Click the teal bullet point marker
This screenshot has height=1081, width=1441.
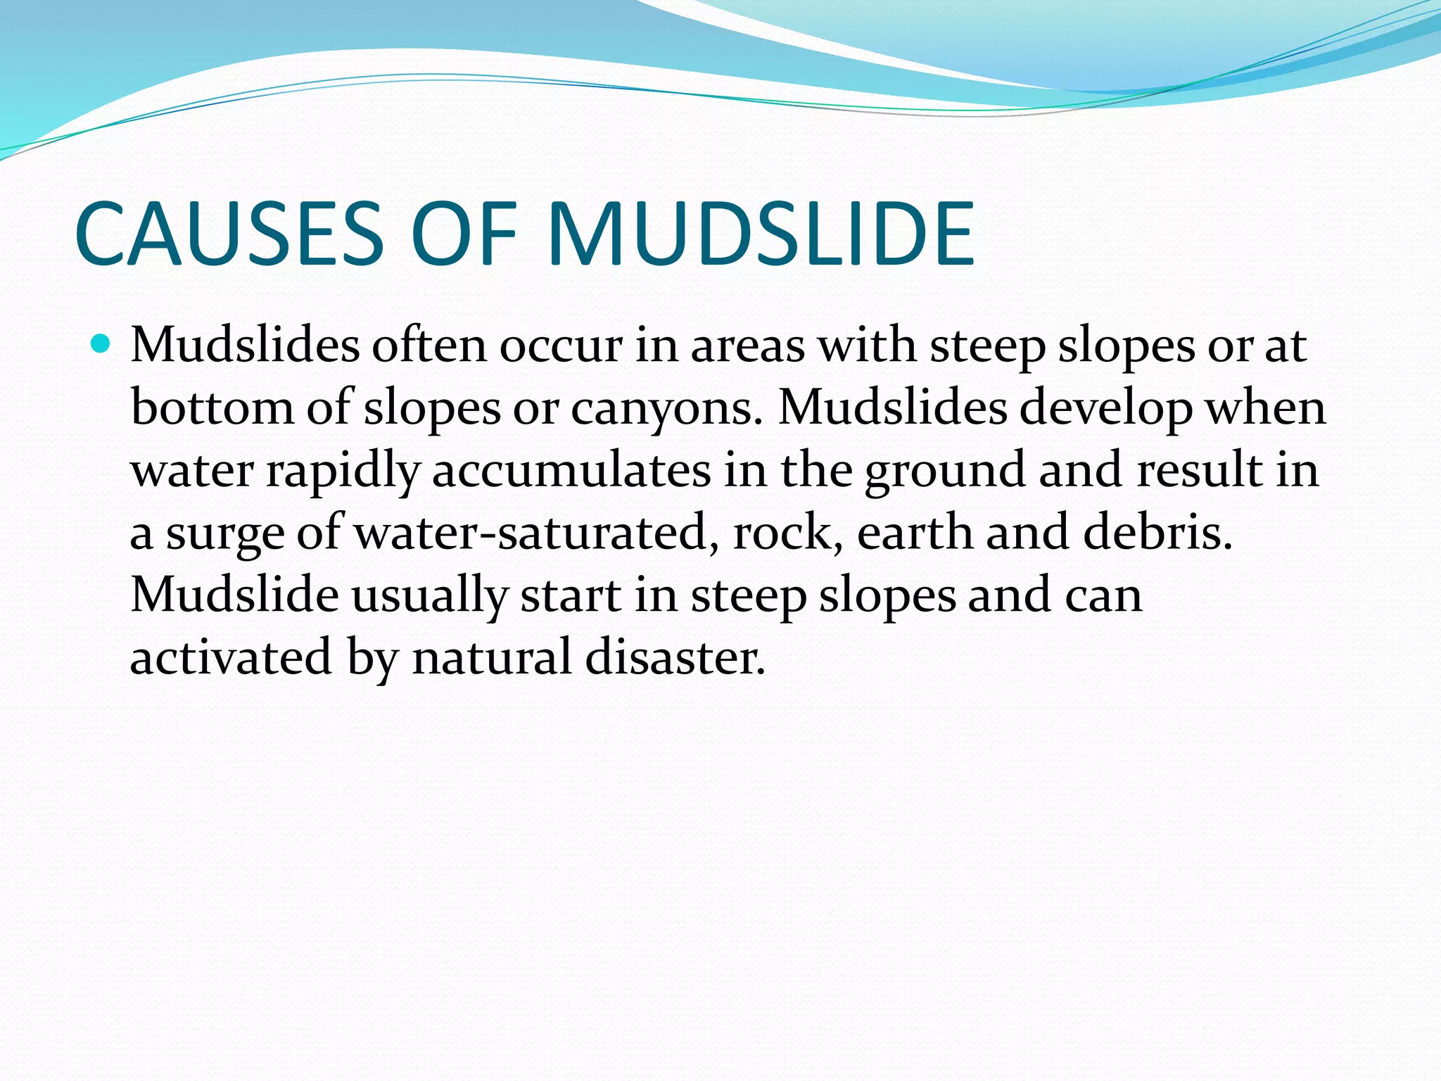[x=102, y=345]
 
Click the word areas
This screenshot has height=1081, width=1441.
[x=748, y=346]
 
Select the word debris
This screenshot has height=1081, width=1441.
[x=1157, y=532]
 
